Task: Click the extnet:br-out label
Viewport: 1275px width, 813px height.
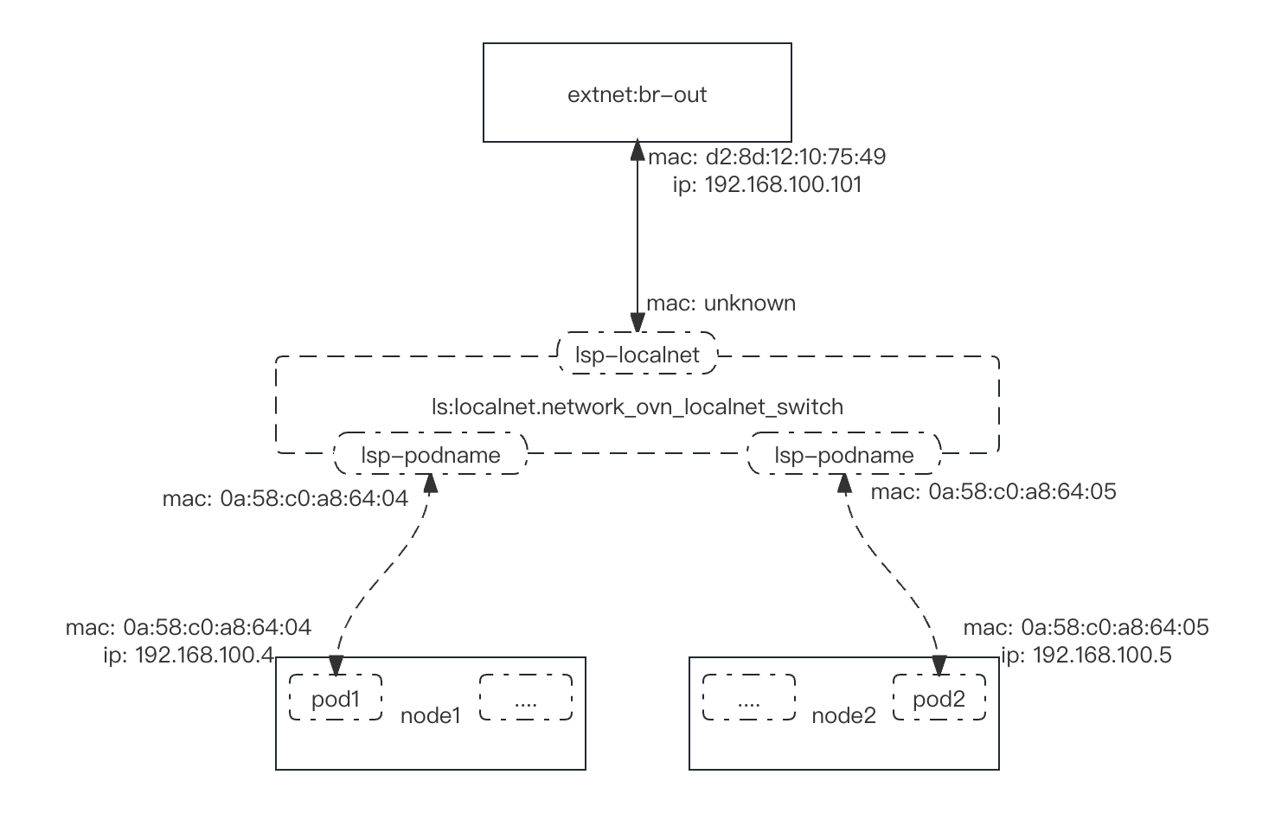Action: coord(637,95)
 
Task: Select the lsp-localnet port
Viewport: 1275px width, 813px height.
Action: coord(637,355)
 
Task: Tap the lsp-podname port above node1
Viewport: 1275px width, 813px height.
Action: coord(430,456)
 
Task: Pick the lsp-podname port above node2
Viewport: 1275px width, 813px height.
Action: coord(843,456)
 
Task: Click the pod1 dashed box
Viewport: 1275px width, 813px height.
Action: coord(336,698)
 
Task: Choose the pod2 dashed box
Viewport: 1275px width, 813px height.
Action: coord(939,698)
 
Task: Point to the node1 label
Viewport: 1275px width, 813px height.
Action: coord(430,716)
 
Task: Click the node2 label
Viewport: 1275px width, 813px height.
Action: coord(843,716)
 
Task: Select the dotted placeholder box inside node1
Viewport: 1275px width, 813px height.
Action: coord(525,698)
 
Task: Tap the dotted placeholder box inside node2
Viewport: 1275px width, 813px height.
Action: coord(749,698)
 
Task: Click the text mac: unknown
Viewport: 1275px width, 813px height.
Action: coord(721,304)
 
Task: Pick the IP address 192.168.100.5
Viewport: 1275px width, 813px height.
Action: coord(1086,656)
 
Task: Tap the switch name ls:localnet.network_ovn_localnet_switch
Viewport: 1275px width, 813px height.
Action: coord(637,406)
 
